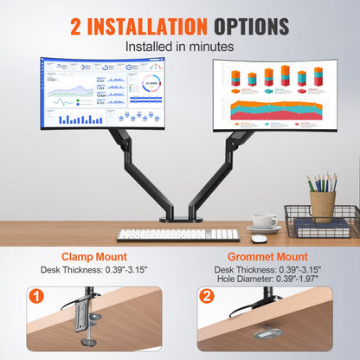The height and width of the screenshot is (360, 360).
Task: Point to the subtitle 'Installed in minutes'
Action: tap(179, 45)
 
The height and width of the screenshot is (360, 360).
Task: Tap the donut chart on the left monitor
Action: tap(149, 86)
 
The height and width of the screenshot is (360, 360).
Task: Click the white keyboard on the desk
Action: tap(177, 234)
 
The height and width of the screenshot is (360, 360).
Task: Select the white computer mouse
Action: tap(258, 230)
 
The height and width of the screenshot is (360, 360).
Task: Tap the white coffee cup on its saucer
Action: tap(266, 222)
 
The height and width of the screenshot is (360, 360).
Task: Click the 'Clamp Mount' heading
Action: tap(93, 257)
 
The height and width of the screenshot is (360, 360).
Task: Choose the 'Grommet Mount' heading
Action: tap(267, 257)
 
